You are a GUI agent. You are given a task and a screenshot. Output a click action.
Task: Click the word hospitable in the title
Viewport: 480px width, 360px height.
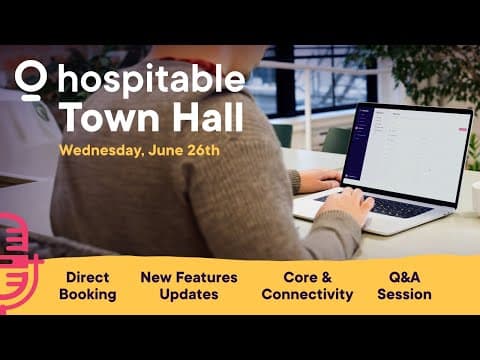click(x=151, y=80)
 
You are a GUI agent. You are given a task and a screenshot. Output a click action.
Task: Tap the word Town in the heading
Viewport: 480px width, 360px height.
click(x=100, y=118)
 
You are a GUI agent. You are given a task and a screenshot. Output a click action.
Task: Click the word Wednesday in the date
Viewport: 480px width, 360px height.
click(x=98, y=150)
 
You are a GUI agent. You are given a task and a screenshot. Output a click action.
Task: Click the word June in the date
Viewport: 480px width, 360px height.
click(x=158, y=150)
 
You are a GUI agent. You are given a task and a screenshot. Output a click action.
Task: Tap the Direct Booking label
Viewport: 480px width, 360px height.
click(x=88, y=285)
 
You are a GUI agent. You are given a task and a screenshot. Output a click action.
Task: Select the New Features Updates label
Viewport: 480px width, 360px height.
click(x=180, y=285)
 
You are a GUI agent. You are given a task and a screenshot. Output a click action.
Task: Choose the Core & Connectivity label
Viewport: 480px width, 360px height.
click(x=307, y=285)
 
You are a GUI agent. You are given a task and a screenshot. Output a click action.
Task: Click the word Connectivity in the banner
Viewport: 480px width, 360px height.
click(x=307, y=295)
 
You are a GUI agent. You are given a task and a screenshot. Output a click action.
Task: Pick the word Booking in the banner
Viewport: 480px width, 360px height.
click(x=88, y=295)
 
